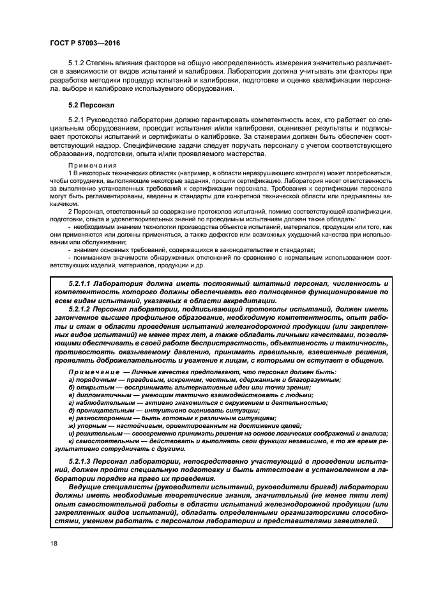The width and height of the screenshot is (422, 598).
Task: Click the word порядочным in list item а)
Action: point(97,380)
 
